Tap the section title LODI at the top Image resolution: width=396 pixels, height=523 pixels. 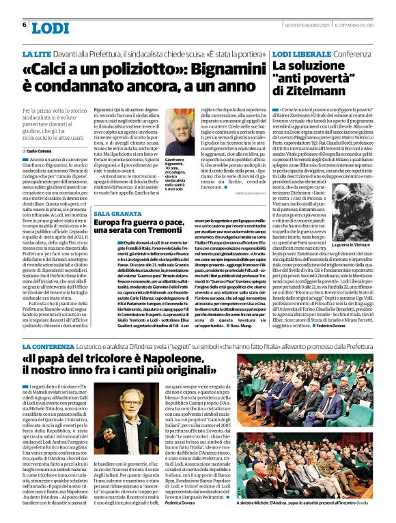pyautogui.click(x=50, y=28)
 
